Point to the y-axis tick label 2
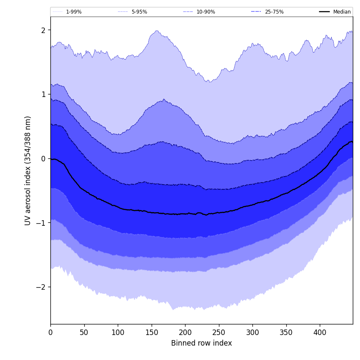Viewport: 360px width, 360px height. tap(43, 30)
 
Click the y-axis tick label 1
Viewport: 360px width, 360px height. tap(43, 94)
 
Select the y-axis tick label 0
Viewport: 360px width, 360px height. tap(43, 158)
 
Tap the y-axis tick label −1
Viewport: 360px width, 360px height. tap(41, 223)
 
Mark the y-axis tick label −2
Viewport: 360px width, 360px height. tap(41, 287)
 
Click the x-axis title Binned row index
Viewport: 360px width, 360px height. tap(202, 343)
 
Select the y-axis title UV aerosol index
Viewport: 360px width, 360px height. tap(28, 170)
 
